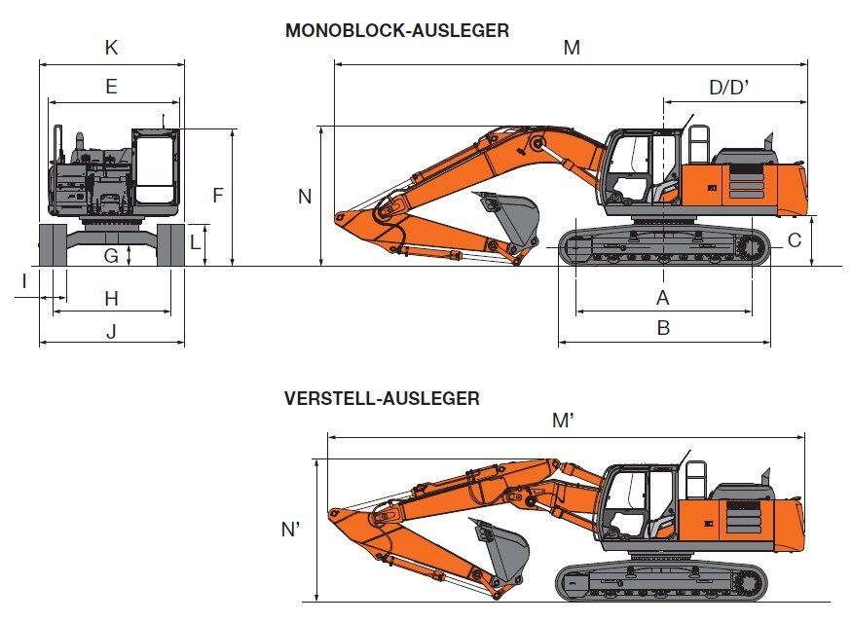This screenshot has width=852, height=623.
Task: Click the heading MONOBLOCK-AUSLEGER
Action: tap(396, 30)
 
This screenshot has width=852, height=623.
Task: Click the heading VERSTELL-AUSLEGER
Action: tap(382, 399)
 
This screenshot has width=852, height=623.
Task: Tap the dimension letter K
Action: tap(111, 48)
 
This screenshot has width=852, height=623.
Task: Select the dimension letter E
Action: tap(111, 87)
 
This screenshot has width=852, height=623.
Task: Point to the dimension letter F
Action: tap(218, 196)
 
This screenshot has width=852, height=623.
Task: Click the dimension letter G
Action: tap(111, 256)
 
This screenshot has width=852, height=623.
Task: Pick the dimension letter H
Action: tap(111, 298)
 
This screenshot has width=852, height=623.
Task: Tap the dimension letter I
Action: tap(24, 282)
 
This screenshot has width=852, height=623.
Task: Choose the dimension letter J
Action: tap(111, 330)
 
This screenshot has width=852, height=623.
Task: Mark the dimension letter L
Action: tap(195, 242)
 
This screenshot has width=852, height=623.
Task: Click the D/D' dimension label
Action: tap(729, 87)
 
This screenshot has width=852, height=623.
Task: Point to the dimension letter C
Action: tap(794, 240)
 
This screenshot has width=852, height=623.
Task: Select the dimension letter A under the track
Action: tap(662, 298)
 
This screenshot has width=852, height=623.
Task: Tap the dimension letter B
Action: tap(663, 328)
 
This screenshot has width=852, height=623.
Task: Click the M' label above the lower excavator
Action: tap(563, 420)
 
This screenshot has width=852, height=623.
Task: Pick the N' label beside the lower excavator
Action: tap(291, 529)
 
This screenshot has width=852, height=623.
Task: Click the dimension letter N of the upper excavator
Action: tap(305, 197)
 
